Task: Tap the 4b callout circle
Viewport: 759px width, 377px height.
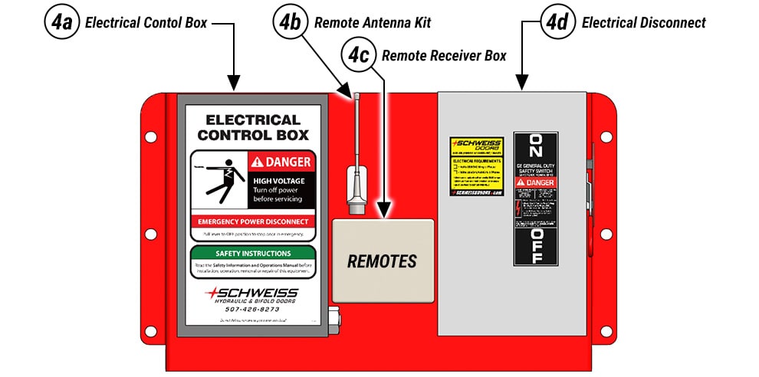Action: (x=291, y=22)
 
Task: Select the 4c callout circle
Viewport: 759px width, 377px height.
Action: (x=359, y=55)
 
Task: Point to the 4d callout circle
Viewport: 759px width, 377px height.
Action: (x=559, y=22)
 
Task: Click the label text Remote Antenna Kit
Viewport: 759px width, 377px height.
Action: (x=372, y=23)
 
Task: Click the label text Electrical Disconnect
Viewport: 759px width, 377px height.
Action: (x=643, y=23)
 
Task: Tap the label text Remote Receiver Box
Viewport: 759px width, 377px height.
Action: (x=444, y=56)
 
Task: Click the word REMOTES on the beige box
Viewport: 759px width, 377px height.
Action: (x=382, y=261)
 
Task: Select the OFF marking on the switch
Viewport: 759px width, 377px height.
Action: (x=534, y=244)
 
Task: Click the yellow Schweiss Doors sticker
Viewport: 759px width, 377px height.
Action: (x=475, y=166)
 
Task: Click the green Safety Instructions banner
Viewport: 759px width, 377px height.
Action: (x=252, y=253)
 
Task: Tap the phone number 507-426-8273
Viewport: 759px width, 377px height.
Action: (x=252, y=309)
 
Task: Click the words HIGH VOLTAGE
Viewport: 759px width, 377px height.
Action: (x=278, y=181)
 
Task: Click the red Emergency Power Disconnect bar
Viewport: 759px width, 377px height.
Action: (x=252, y=221)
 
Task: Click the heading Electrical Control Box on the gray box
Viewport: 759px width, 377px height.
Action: (x=252, y=127)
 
